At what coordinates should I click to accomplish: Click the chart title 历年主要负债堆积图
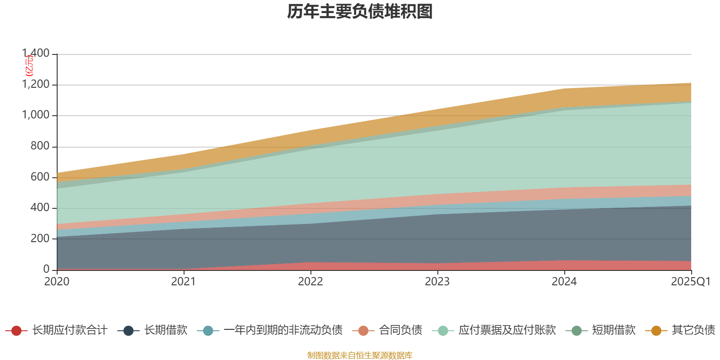(360, 12)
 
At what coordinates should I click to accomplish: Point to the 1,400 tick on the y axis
(36, 54)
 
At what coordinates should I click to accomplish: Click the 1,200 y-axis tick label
(36, 85)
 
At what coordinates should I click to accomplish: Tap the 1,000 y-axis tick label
(36, 115)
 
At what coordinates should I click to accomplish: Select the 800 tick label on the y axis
(40, 146)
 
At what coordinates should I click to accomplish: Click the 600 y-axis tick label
(40, 177)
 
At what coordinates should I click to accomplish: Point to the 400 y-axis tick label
(40, 208)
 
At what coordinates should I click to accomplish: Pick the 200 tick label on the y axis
(40, 238)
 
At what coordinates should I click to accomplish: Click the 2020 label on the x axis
(57, 282)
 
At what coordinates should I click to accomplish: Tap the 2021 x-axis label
(184, 282)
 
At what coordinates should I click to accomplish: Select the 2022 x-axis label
(310, 282)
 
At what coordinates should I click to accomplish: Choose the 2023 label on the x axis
(437, 282)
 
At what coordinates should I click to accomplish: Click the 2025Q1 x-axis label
(690, 282)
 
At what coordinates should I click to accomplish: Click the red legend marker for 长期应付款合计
(16, 331)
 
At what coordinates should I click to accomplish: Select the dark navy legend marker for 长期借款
(128, 331)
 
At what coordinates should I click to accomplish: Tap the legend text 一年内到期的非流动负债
(283, 330)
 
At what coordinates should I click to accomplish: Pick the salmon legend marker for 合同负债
(364, 331)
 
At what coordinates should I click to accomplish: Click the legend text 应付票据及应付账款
(507, 330)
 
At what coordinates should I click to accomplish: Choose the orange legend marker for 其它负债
(656, 331)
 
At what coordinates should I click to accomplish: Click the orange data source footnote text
(360, 355)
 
